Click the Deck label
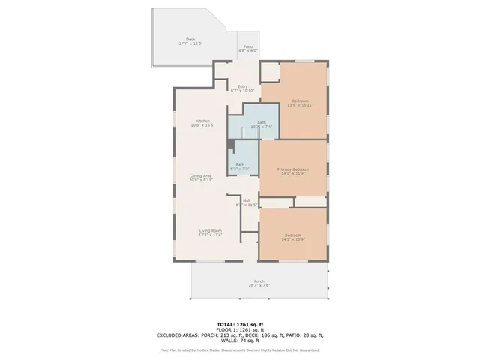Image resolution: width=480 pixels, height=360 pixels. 190,40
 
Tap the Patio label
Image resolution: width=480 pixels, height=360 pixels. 247,46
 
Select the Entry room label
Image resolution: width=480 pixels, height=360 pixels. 243,86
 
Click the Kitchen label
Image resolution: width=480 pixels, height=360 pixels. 203,121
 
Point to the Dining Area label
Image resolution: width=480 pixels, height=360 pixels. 201,175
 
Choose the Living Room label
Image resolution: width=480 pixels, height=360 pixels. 210,230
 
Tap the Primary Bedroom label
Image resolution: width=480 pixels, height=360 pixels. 292,169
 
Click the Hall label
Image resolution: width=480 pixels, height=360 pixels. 246,200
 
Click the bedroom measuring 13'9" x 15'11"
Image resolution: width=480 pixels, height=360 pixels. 300,103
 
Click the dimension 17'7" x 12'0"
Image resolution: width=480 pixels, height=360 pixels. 190,44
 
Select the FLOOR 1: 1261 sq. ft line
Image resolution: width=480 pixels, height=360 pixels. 239,329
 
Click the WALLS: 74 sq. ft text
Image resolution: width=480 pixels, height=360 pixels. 239,340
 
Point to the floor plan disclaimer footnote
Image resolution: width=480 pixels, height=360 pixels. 239,350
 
